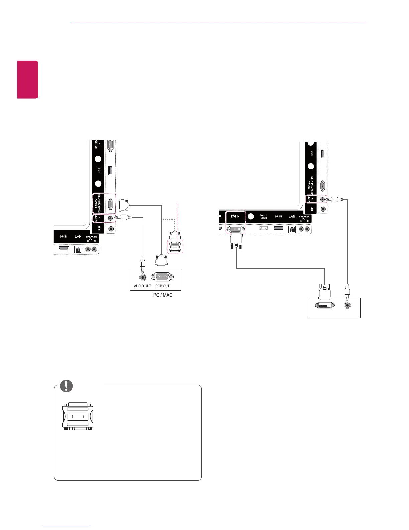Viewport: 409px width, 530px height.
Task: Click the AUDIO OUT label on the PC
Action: click(x=142, y=286)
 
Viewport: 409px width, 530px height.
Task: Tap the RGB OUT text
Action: click(x=162, y=286)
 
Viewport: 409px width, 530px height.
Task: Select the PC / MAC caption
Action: click(x=163, y=295)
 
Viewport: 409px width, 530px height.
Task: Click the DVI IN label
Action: click(x=235, y=217)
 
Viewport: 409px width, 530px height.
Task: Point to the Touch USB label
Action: click(x=264, y=217)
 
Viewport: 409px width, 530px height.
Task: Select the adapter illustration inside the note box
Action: click(x=78, y=416)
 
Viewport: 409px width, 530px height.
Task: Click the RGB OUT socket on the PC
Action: click(x=162, y=277)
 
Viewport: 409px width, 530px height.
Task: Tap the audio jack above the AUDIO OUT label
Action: click(x=143, y=277)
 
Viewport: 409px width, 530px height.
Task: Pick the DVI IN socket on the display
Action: click(x=235, y=229)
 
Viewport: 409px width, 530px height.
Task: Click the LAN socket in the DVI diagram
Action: click(x=292, y=229)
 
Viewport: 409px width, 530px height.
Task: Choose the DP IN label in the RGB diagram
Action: click(x=63, y=237)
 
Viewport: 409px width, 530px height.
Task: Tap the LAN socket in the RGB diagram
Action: click(x=78, y=249)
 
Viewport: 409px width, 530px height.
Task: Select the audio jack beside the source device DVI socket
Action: click(x=348, y=305)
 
